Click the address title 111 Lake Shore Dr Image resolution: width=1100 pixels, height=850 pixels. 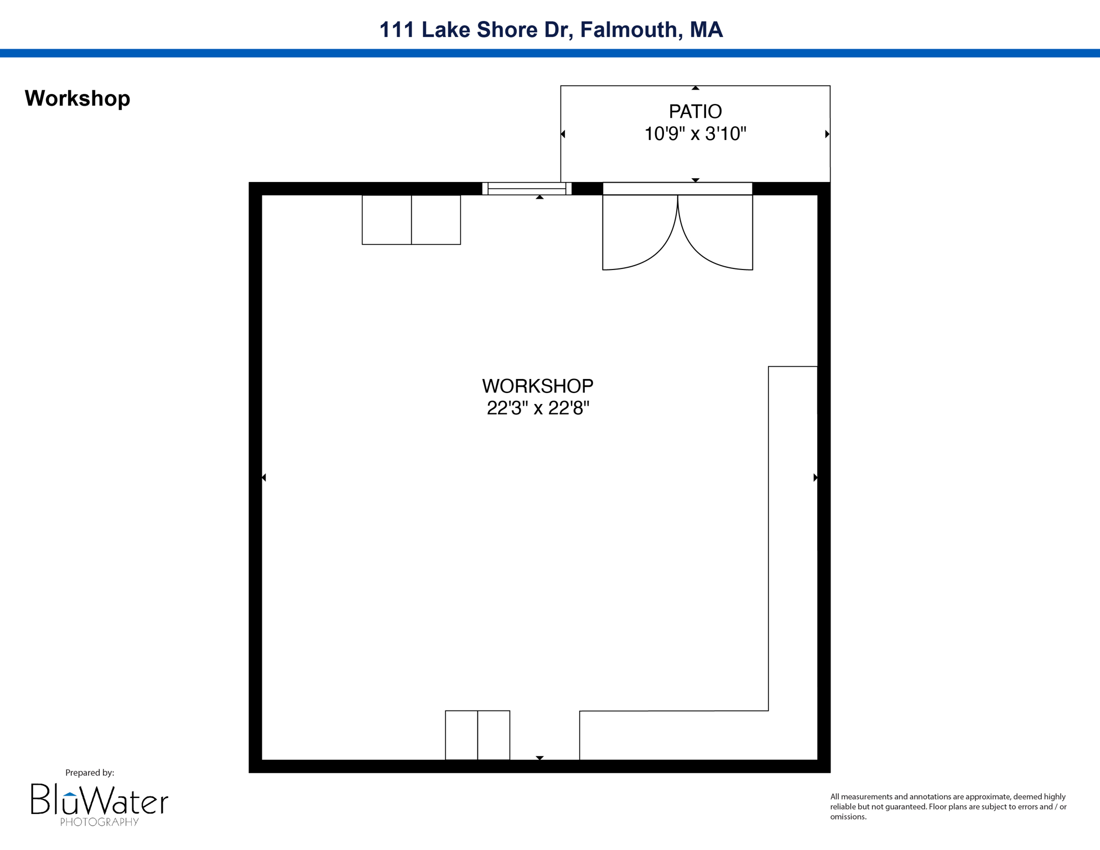click(x=551, y=30)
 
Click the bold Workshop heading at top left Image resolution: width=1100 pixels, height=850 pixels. click(x=77, y=99)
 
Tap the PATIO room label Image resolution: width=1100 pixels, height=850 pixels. click(x=695, y=112)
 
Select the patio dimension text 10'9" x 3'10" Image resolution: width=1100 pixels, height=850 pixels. click(x=695, y=134)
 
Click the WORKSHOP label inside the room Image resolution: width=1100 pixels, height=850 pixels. click(x=537, y=386)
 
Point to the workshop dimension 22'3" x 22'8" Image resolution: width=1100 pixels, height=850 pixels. click(x=537, y=408)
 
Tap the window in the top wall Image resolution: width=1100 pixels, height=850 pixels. click(x=526, y=189)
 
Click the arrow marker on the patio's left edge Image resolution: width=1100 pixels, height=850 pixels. click(x=563, y=134)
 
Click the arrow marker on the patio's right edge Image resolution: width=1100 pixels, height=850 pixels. click(x=827, y=134)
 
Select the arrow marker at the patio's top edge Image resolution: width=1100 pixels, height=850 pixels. click(x=696, y=88)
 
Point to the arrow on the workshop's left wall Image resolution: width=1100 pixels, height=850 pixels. click(x=264, y=477)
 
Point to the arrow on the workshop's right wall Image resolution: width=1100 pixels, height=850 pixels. click(x=815, y=477)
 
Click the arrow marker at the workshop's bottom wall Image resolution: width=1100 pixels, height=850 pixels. click(x=539, y=758)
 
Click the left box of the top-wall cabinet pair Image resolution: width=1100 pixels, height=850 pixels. click(x=386, y=220)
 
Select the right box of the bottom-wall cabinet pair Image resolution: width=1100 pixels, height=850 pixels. click(x=494, y=735)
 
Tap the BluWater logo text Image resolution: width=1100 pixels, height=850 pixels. click(x=100, y=801)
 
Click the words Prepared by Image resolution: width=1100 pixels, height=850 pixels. click(x=90, y=773)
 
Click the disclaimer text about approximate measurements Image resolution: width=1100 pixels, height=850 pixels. click(x=948, y=806)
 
